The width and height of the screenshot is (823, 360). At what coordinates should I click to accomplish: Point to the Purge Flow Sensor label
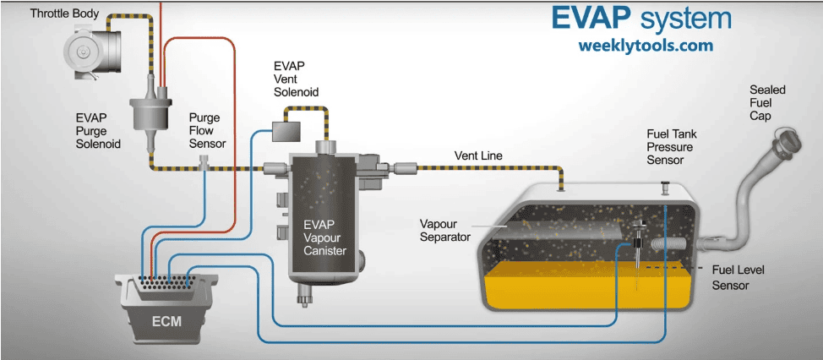[x=207, y=131]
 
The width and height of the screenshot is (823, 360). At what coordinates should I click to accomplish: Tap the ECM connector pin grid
[x=161, y=282]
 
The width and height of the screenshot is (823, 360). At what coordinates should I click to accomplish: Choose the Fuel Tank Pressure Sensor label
[x=671, y=147]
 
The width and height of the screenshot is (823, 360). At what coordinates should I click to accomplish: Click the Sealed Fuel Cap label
[x=766, y=102]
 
